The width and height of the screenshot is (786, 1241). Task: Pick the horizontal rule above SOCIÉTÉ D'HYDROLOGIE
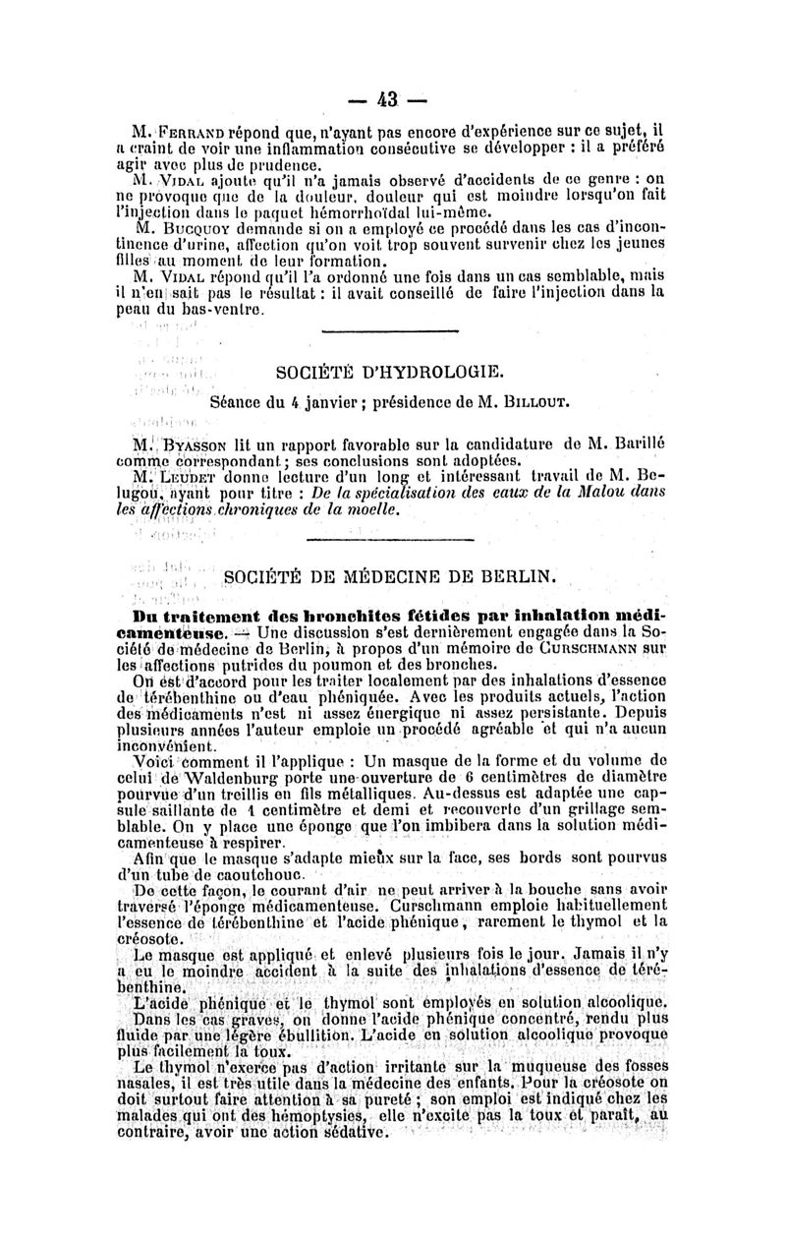(390, 330)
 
